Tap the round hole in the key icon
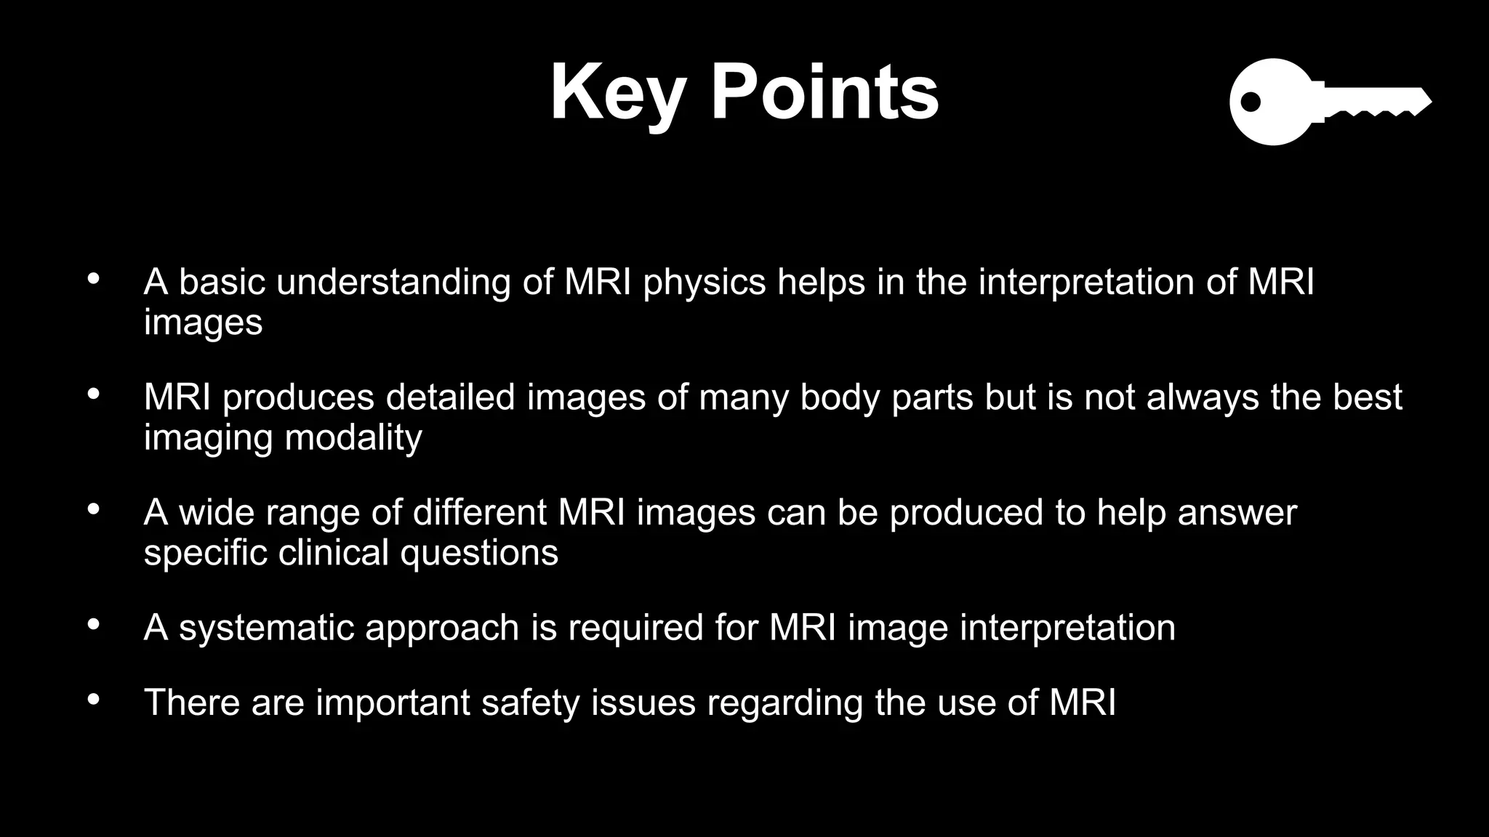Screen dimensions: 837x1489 (1250, 102)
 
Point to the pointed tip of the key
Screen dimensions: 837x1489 (1429, 101)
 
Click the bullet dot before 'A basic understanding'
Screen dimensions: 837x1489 (93, 280)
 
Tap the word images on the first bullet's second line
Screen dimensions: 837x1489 (203, 322)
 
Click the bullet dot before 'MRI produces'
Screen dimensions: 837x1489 (93, 395)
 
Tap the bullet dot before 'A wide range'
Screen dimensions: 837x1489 (93, 510)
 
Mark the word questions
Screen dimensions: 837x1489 (479, 554)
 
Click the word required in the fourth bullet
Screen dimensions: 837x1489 (635, 628)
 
